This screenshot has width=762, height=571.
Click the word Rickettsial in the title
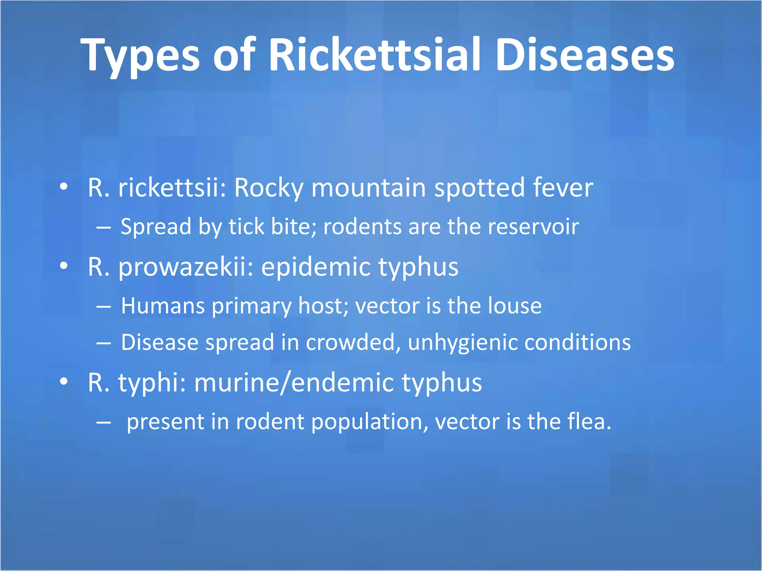click(374, 55)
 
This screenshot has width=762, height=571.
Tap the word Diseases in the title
click(585, 55)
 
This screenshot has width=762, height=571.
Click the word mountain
click(368, 187)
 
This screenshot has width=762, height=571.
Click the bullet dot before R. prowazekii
click(64, 266)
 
